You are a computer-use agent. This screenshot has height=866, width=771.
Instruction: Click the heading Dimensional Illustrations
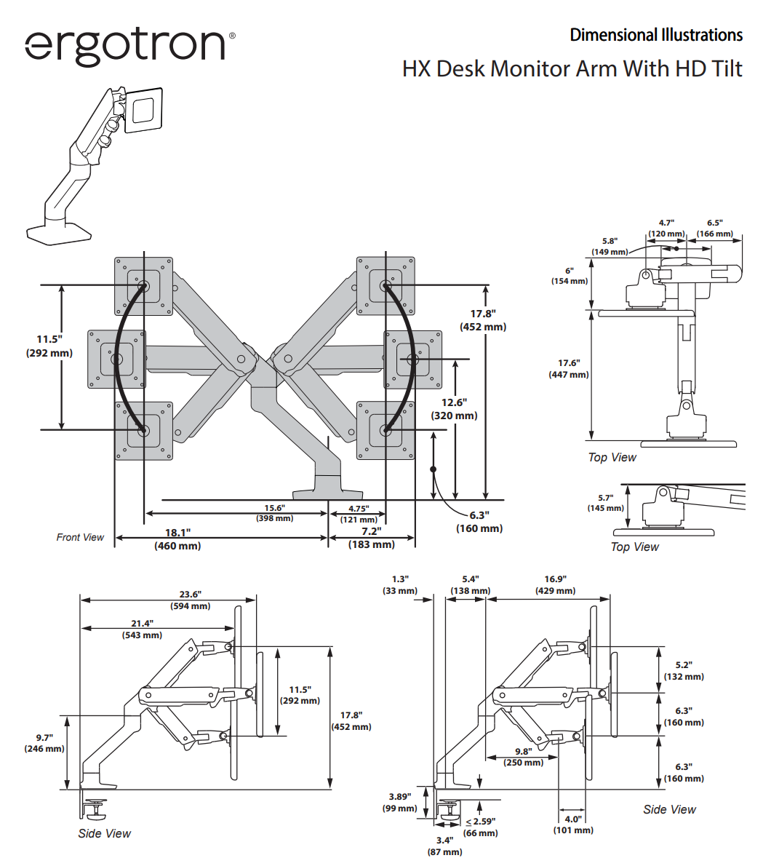[x=656, y=35]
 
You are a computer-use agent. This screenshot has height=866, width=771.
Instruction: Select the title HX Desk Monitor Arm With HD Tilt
[x=572, y=69]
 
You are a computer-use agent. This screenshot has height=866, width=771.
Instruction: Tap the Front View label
[x=80, y=537]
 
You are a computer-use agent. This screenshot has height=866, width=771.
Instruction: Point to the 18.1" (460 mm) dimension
[x=177, y=539]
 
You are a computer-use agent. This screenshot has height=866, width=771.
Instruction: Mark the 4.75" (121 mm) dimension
[x=358, y=514]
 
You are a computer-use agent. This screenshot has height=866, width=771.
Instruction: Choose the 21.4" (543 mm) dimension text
[x=142, y=629]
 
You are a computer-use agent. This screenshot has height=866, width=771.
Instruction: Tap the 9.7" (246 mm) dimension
[x=44, y=743]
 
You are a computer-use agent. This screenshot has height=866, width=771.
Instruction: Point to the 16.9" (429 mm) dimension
[x=555, y=585]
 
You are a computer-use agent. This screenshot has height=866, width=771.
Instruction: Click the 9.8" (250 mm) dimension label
[x=524, y=757]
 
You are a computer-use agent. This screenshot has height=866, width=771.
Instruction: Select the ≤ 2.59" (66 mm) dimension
[x=481, y=827]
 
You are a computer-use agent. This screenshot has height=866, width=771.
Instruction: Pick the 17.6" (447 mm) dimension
[x=569, y=368]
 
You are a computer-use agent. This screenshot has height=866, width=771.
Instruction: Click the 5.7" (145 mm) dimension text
[x=605, y=503]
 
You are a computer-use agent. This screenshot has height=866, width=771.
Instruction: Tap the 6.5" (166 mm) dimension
[x=714, y=229]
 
